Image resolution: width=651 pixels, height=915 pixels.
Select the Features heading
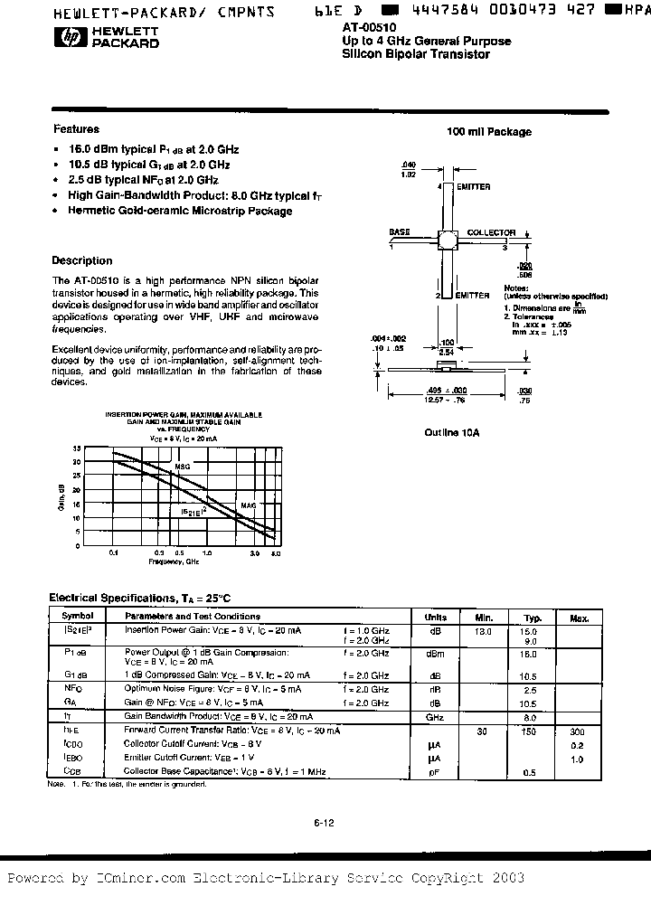coord(76,129)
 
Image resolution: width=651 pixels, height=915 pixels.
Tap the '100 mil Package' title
coord(489,132)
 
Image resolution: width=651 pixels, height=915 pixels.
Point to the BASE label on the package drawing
coord(400,232)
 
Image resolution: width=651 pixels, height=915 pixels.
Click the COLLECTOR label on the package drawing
coord(491,232)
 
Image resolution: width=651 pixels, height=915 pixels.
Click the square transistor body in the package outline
coord(447,240)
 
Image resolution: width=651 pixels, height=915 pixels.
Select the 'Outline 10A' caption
coord(451,433)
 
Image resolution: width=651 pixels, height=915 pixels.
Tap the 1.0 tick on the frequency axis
coord(206,552)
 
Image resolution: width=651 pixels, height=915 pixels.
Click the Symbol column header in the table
coord(71,617)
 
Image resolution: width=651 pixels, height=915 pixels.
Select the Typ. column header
coord(532,618)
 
